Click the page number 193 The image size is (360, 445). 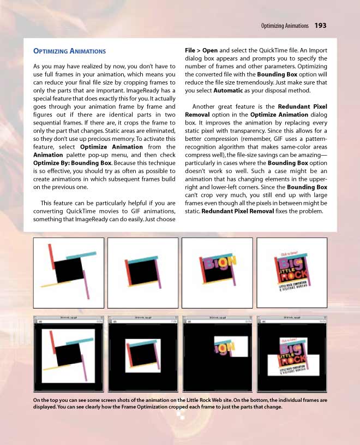pos(320,26)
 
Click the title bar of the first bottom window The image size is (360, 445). pos(69,317)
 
